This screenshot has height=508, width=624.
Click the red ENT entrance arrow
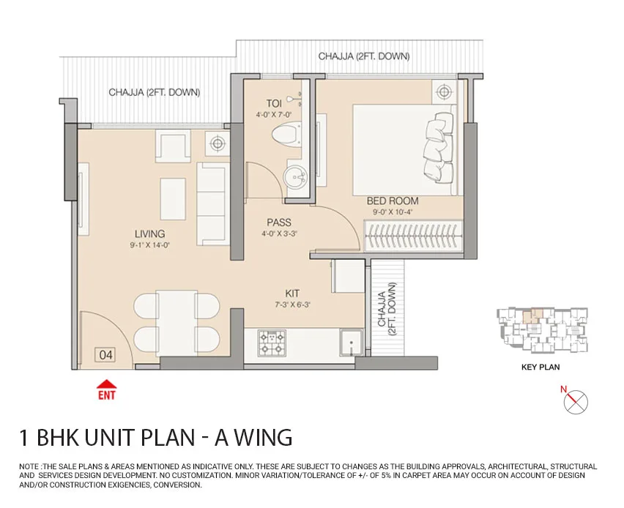[107, 384]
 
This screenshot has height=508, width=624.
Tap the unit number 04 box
[105, 354]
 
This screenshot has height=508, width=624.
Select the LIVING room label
[149, 234]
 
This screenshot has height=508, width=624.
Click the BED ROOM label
[393, 201]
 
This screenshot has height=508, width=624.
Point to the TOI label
[274, 103]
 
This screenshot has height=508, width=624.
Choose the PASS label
[279, 223]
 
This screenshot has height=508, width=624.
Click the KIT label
[292, 294]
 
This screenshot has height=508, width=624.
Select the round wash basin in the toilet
[295, 176]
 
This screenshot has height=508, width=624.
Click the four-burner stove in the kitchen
[272, 343]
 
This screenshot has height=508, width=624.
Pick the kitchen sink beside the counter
[351, 343]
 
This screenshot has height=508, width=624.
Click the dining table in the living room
[177, 323]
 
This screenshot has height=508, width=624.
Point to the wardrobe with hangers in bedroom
[414, 236]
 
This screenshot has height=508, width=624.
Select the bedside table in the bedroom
[444, 92]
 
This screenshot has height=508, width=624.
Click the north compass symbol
[576, 401]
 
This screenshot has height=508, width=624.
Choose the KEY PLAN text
[541, 367]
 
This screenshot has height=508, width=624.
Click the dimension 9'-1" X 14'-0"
[149, 245]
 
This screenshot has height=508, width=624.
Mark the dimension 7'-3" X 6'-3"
[292, 305]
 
